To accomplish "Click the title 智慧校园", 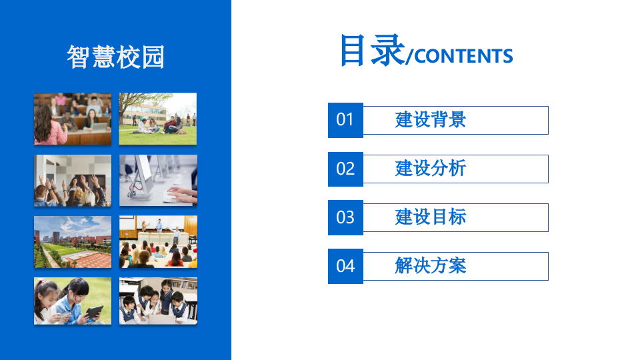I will click(115, 57).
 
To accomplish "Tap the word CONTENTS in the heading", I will click(463, 56).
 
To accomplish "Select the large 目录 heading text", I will click(371, 50).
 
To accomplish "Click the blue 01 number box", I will click(345, 120).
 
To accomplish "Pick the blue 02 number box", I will click(345, 169).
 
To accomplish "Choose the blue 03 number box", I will click(345, 217).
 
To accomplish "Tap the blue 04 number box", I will click(345, 266).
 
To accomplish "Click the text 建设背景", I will click(431, 120).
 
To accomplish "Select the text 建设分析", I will click(431, 169).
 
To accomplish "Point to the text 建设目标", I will click(431, 217).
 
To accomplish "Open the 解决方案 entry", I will click(431, 266).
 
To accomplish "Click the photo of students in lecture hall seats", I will click(73, 119).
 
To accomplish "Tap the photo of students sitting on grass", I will click(158, 119).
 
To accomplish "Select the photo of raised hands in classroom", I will click(73, 181).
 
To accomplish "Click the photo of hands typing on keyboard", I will click(158, 181).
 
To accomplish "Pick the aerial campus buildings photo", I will click(73, 241).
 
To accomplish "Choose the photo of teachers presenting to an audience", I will click(158, 241).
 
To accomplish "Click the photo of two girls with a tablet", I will click(73, 301).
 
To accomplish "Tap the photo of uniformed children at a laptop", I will click(158, 301).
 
